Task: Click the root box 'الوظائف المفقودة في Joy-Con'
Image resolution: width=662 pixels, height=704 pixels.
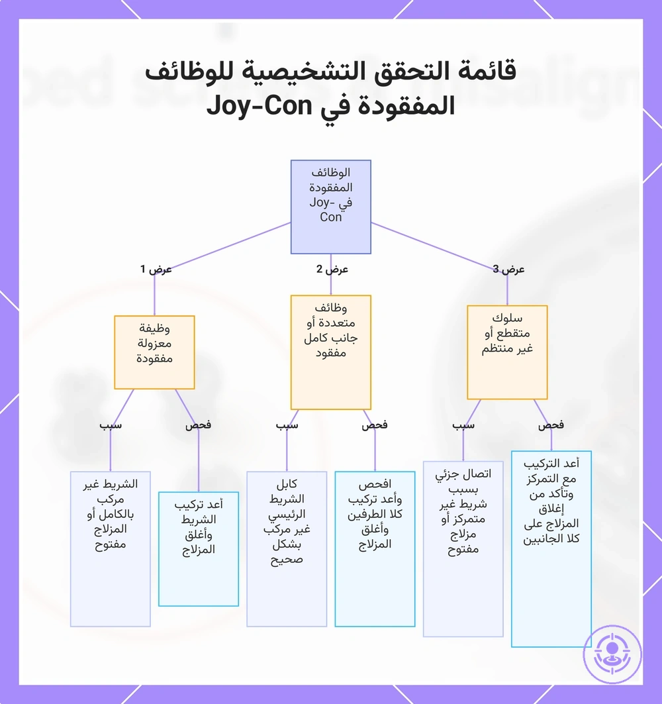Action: tap(331, 207)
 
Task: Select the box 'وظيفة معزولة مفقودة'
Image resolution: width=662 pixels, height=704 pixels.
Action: tap(154, 352)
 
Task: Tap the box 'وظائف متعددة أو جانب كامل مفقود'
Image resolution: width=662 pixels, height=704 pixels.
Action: tap(331, 352)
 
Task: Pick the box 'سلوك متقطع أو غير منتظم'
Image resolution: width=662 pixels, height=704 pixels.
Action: tap(507, 352)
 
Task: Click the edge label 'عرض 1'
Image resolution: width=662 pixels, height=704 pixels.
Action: tap(156, 269)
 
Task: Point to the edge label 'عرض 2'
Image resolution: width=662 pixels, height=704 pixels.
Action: tap(332, 269)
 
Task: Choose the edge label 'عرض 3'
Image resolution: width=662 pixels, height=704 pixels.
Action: tap(508, 269)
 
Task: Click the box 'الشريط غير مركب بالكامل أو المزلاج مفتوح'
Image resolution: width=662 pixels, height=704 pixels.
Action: tap(111, 548)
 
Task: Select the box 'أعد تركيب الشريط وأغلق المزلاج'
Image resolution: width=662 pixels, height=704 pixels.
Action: tap(199, 548)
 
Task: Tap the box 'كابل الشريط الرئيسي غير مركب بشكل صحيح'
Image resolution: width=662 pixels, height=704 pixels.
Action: tap(287, 548)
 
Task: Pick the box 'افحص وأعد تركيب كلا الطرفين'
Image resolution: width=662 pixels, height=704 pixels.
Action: tap(375, 548)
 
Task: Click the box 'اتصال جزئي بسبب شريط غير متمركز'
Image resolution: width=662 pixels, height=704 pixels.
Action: tap(463, 548)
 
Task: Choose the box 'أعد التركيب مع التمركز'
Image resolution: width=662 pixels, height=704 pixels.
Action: tap(551, 548)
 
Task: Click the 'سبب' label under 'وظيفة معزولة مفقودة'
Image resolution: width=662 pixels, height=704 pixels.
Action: tap(111, 425)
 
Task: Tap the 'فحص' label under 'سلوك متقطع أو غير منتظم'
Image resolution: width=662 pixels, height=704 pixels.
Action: tap(551, 425)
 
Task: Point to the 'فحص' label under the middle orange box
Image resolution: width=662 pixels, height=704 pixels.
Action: tap(375, 425)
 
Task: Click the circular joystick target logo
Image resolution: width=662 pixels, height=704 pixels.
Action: tap(612, 654)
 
